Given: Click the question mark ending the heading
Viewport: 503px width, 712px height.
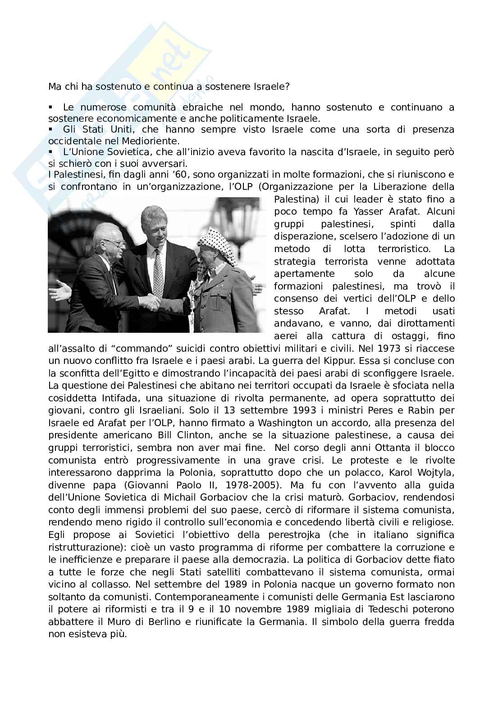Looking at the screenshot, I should click(287, 86).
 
